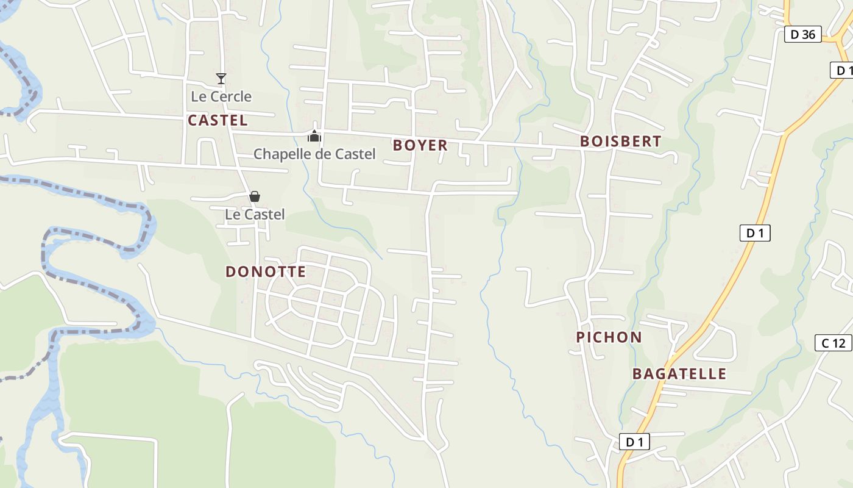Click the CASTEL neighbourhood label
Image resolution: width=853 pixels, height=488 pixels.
(218, 120)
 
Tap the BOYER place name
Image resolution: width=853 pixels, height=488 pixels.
(420, 145)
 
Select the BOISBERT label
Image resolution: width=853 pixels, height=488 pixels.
(620, 142)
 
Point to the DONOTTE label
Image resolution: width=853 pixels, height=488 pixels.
(266, 271)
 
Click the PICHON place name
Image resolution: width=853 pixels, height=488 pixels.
(609, 337)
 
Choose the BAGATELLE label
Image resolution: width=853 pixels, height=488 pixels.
(679, 374)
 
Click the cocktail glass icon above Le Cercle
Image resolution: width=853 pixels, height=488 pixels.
(221, 79)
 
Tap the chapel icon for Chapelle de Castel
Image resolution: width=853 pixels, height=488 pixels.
(314, 136)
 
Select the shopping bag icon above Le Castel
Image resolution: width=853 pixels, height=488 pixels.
(255, 196)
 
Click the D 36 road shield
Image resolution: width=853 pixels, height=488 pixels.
(802, 34)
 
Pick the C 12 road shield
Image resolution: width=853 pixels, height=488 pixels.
(833, 343)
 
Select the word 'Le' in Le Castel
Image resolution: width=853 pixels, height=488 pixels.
(233, 215)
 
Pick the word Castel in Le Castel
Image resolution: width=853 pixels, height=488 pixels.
(264, 215)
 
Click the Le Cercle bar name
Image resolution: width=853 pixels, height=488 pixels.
(221, 96)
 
